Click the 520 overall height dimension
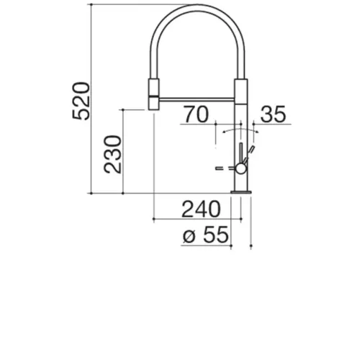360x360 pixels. tap(81, 101)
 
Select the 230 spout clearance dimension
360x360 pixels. tap(112, 154)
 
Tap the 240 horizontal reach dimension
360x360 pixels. tap(201, 209)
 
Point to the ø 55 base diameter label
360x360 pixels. tap(206, 235)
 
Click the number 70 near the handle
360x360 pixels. tap(197, 114)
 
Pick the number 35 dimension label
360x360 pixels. tap(273, 114)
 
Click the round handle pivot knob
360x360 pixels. tap(240, 168)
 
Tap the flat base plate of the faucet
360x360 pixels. tap(241, 192)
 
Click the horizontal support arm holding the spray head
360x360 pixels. tap(197, 99)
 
